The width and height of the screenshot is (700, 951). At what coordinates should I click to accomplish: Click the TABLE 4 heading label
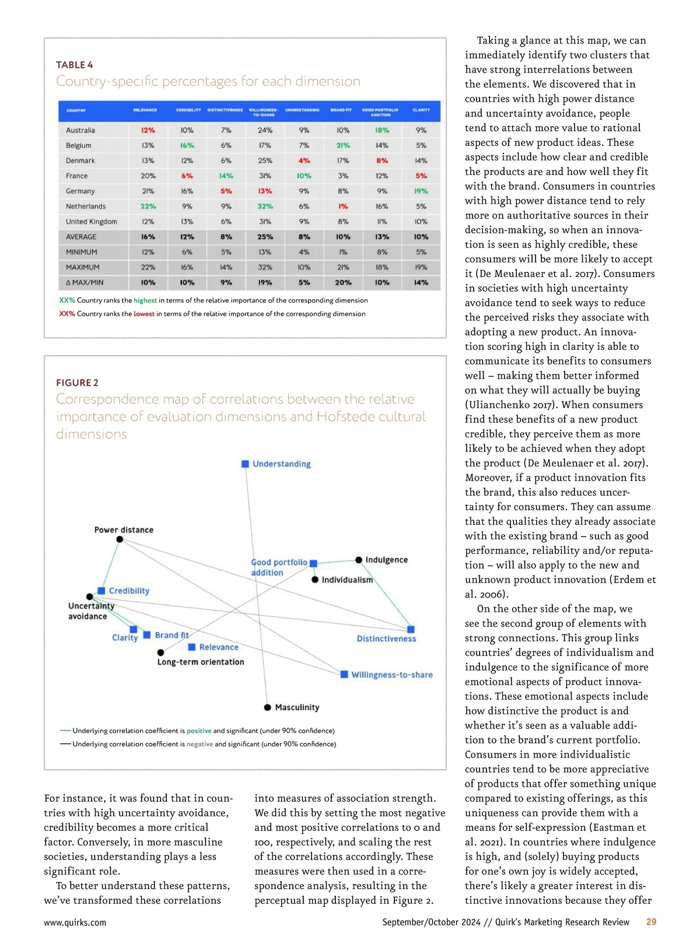[x=74, y=65]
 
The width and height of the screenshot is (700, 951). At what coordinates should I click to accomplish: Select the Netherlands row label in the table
[x=86, y=206]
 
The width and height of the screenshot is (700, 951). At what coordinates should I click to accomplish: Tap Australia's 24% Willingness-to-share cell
[x=265, y=131]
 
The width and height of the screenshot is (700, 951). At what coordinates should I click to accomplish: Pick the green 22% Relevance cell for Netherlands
[x=148, y=206]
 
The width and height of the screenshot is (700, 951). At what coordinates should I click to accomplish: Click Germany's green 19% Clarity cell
[x=421, y=191]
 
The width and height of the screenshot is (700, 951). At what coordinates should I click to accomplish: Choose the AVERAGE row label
[x=81, y=237]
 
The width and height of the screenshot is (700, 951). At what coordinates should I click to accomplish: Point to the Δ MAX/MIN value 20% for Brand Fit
[x=343, y=283]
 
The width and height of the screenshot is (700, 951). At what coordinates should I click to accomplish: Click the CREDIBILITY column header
[x=188, y=110]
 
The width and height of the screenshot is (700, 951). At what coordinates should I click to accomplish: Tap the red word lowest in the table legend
[x=144, y=314]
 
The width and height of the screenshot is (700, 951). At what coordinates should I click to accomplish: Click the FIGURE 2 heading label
[x=77, y=382]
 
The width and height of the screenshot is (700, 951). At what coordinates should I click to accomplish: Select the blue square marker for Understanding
[x=246, y=464]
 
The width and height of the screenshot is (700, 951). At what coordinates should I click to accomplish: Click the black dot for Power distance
[x=120, y=539]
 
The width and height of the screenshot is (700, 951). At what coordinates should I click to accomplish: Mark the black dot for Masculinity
[x=267, y=707]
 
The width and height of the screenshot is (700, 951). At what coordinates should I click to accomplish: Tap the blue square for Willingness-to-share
[x=344, y=675]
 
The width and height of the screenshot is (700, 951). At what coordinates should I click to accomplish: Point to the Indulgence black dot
[x=359, y=560]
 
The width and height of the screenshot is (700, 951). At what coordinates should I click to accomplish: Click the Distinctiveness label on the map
[x=386, y=638]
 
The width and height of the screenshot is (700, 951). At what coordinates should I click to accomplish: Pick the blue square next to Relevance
[x=192, y=647]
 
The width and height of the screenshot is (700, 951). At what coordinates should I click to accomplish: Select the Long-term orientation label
[x=201, y=662]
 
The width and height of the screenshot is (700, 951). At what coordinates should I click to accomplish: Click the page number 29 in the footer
[x=651, y=922]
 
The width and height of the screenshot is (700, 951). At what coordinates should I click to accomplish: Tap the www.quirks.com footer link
[x=75, y=922]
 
